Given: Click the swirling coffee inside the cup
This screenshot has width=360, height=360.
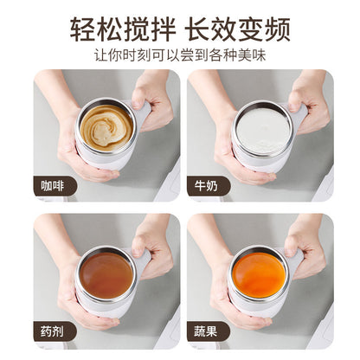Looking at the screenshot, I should pos(106,126).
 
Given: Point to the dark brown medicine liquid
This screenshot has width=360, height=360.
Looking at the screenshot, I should pos(106,274).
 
